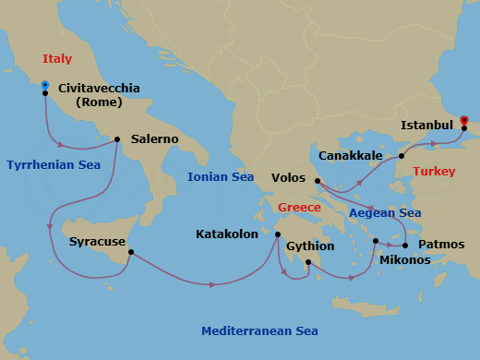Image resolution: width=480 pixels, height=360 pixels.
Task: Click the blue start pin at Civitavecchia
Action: pyautogui.click(x=44, y=86)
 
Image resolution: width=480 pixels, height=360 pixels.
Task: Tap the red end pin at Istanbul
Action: pyautogui.click(x=463, y=120)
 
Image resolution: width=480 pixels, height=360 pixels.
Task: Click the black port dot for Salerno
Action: pyautogui.click(x=117, y=140)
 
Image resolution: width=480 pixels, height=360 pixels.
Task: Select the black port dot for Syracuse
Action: pyautogui.click(x=131, y=252)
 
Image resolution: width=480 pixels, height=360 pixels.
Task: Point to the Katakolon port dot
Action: pyautogui.click(x=277, y=234)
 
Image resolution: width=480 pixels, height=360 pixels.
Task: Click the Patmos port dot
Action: pyautogui.click(x=406, y=246)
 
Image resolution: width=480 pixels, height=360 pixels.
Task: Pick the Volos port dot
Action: pyautogui.click(x=317, y=181)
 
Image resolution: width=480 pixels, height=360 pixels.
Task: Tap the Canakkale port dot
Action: pyautogui.click(x=402, y=156)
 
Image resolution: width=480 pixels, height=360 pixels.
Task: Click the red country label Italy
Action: pyautogui.click(x=56, y=59)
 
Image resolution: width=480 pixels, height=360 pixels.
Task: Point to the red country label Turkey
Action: pyautogui.click(x=434, y=172)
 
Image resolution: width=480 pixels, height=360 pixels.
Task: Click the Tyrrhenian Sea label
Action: pyautogui.click(x=54, y=165)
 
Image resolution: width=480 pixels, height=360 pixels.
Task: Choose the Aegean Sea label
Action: pyautogui.click(x=385, y=213)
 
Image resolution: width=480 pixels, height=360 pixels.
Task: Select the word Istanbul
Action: pyautogui.click(x=426, y=125)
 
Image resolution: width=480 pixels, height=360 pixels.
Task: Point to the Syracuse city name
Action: pyautogui.click(x=97, y=243)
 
